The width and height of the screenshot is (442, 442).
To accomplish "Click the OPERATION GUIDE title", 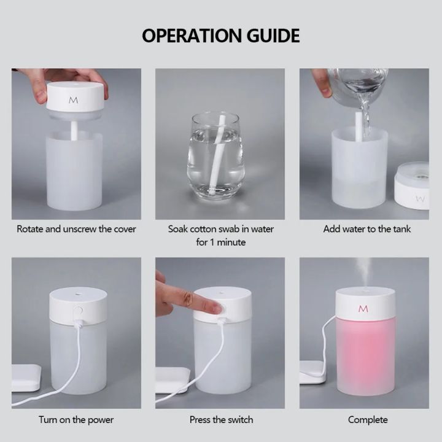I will tap(221, 35).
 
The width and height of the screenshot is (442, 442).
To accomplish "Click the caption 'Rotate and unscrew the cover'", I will tap(76, 229).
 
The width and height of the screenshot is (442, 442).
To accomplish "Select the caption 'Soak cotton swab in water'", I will tap(221, 229).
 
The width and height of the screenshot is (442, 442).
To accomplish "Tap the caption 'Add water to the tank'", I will tap(367, 229).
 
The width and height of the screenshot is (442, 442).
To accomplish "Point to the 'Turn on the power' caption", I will tap(76, 420).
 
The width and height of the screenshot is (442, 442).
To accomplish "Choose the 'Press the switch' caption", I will tap(221, 420).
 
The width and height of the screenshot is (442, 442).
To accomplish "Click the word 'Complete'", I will tap(368, 420).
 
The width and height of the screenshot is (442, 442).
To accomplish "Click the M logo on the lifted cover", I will tap(73, 99).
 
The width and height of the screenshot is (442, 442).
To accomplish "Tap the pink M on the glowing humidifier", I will tap(363, 308).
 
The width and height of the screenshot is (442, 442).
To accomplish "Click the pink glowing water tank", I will tap(365, 356).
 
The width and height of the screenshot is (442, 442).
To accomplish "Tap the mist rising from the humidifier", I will tap(363, 270).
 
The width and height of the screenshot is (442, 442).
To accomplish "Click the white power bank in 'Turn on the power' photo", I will tap(26, 377).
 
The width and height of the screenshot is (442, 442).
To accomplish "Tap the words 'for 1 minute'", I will tap(221, 242).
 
